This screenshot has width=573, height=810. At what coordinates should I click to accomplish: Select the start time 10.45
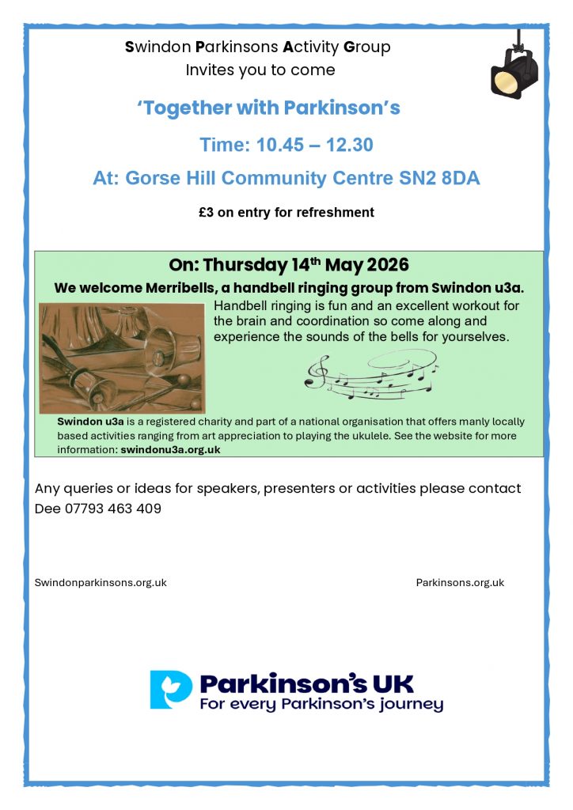279,145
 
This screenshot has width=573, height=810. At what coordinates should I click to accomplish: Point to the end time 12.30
349,145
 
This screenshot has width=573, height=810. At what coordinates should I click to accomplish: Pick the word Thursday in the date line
245,265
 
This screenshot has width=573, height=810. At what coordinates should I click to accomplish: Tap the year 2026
388,264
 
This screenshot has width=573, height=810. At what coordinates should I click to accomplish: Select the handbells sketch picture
123,358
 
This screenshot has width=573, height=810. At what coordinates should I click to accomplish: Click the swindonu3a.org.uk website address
170,449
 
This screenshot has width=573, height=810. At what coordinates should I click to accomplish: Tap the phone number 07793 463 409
112,509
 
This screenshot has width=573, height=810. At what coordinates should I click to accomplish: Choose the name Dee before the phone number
47,509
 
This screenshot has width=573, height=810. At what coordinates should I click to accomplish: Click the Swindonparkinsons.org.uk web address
101,583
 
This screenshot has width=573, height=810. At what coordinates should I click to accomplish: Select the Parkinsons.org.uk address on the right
460,583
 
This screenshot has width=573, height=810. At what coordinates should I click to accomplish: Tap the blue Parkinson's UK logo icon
171,690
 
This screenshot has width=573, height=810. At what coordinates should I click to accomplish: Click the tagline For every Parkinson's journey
321,705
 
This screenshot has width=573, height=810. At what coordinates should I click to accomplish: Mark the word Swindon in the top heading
158,47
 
